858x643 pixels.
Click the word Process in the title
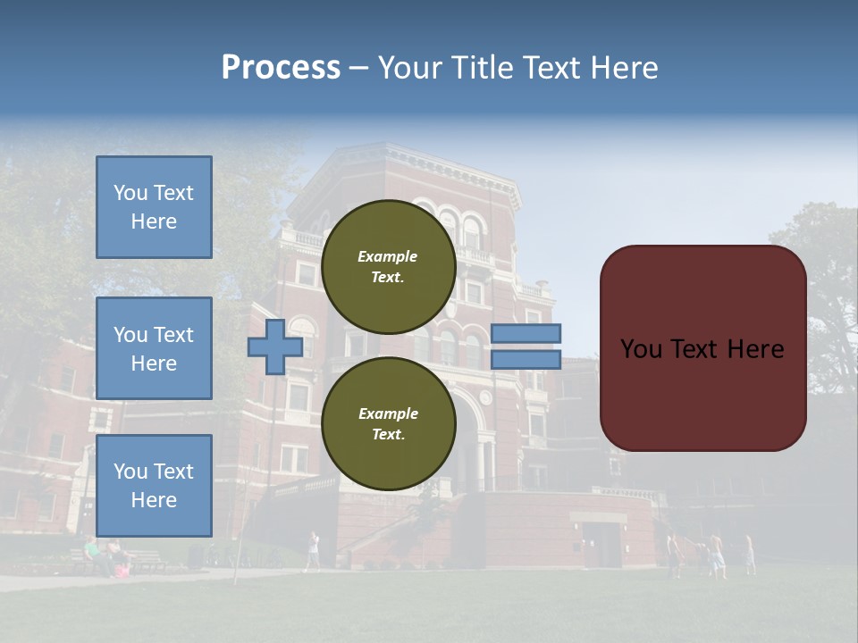[x=281, y=68]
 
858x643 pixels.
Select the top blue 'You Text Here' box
[x=154, y=207]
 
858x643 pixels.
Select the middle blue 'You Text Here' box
[x=154, y=348]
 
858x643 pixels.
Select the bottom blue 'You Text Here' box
[x=154, y=485]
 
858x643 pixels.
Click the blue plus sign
[x=274, y=347]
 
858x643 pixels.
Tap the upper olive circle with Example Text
[x=388, y=267]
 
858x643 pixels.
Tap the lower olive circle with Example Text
[x=388, y=424]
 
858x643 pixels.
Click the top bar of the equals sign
[x=526, y=333]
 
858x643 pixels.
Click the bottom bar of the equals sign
[x=526, y=360]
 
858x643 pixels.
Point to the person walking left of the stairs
[x=313, y=549]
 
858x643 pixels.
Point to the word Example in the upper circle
[x=388, y=257]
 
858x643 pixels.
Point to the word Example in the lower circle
[x=388, y=414]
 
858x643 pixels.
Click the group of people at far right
[x=711, y=554]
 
